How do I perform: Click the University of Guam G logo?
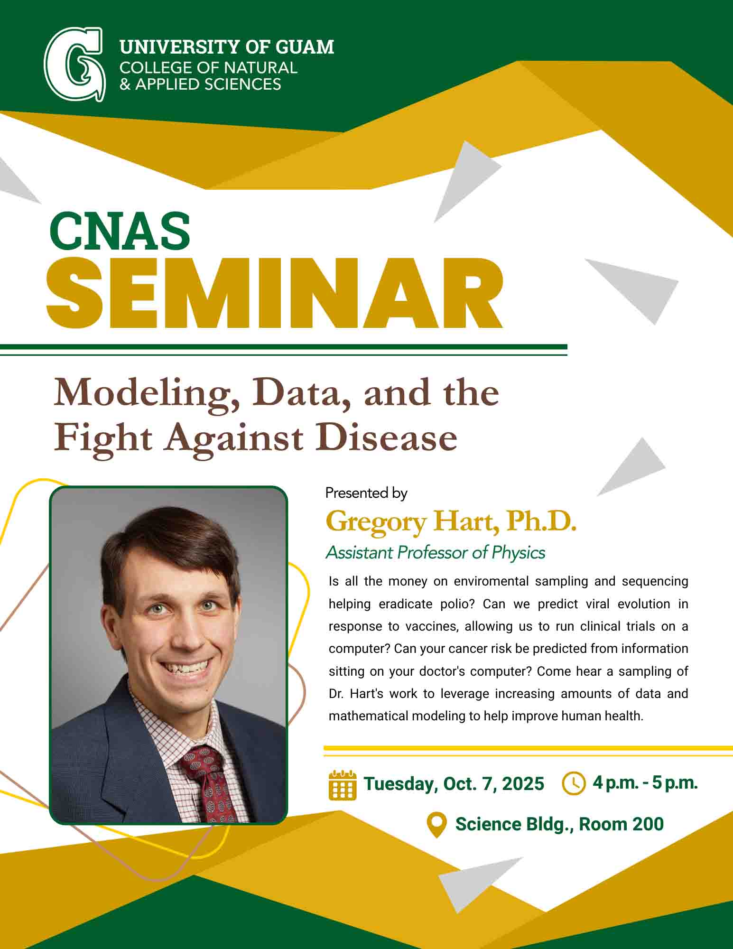click(74, 65)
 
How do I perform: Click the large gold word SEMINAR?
click(274, 294)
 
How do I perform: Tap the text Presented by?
click(366, 493)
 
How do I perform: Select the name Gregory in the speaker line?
click(376, 522)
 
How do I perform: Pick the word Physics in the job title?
click(518, 553)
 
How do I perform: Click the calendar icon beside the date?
click(342, 784)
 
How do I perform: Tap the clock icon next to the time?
click(574, 783)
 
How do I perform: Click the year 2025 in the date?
click(523, 784)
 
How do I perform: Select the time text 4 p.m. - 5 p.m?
click(645, 783)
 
